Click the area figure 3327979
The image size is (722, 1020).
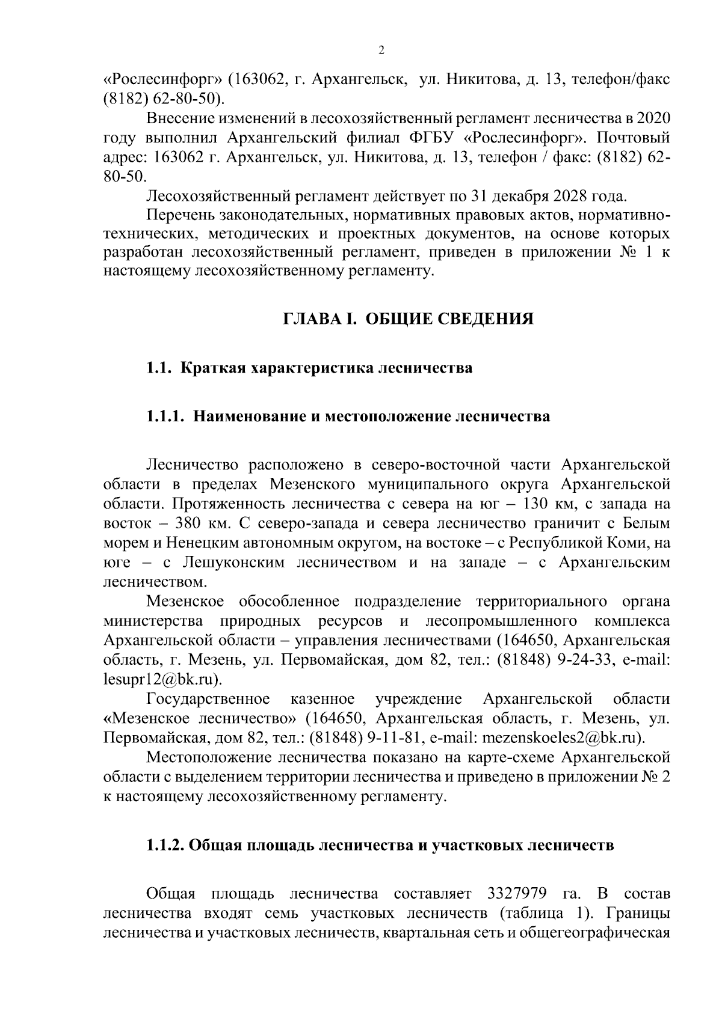(x=513, y=894)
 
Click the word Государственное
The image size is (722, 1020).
(x=208, y=699)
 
